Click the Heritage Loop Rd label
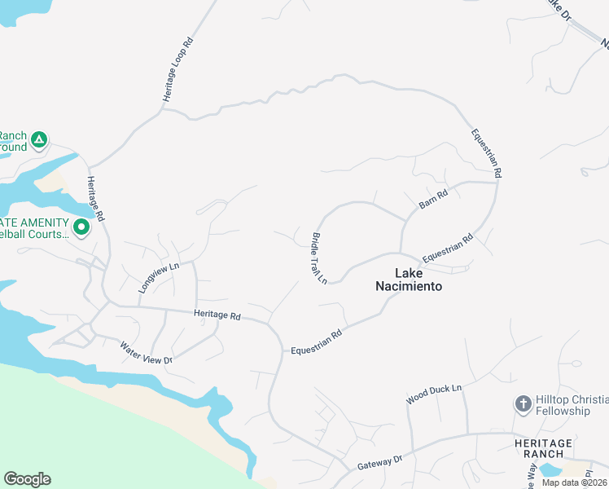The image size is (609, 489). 177,68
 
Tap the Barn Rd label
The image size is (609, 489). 434,200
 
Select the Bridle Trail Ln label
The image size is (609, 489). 318,258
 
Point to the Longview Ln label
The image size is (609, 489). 158,277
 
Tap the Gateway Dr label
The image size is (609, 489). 380,462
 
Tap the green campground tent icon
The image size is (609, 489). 38,141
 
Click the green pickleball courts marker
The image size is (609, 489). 81,227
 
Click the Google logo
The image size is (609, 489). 27,479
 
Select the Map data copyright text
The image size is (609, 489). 575,482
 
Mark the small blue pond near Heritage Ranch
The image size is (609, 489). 550,470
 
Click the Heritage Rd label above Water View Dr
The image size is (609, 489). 217,315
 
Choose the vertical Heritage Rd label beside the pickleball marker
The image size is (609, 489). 96,198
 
